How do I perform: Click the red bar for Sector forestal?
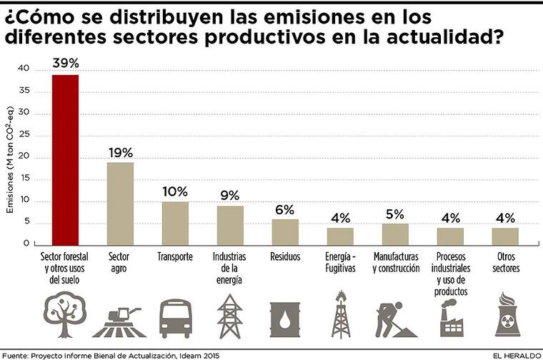(65, 159)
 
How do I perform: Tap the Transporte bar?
(175, 223)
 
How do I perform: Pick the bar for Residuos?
(284, 231)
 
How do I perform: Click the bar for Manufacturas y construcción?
(394, 234)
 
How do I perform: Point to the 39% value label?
(65, 63)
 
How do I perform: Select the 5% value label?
(395, 214)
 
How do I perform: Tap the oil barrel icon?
(284, 319)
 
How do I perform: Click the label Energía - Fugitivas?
(340, 262)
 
